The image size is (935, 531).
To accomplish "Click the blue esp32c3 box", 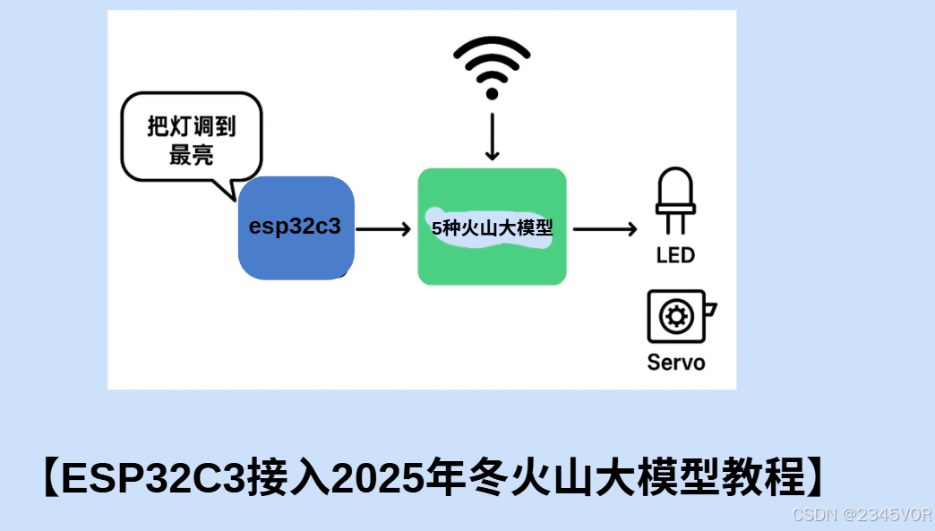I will tap(296, 228).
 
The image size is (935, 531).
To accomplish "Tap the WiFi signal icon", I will tap(492, 66).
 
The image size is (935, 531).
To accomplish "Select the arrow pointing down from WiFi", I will tap(492, 134).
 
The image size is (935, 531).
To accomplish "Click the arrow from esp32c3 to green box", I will tap(382, 229).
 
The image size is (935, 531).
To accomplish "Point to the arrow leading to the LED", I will tap(605, 229).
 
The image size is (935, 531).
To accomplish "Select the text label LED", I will tap(675, 255).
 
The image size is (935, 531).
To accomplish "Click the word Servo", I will tap(676, 363).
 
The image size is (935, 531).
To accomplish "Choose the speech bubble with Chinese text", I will tap(191, 141).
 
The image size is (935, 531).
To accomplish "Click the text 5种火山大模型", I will tap(493, 228).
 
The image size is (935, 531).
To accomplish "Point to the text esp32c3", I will tap(295, 227).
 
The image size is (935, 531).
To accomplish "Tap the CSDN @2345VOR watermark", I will tap(862, 515).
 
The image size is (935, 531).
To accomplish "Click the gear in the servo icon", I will tap(675, 316).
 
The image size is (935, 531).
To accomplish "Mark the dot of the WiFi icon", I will tap(492, 93).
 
